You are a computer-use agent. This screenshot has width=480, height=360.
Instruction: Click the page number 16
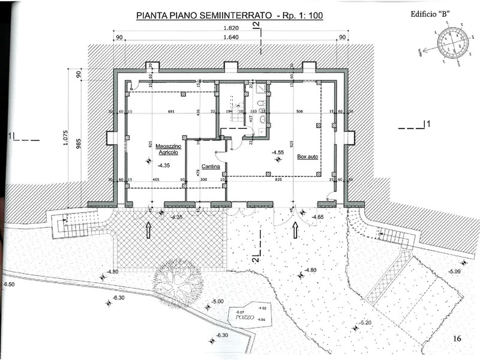coord(457,339)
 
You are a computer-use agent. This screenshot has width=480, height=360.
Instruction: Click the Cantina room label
coord(210,166)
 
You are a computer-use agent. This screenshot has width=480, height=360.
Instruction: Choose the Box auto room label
coord(308,157)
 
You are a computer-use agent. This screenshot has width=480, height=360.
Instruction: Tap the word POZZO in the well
coord(245,316)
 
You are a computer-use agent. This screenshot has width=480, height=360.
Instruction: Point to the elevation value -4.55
coord(278,152)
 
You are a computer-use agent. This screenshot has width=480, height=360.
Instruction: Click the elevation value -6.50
coord(8,283)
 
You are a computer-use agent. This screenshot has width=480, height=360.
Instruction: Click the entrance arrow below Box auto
coord(295,230)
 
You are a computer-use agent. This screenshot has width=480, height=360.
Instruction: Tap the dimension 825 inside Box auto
coord(279,179)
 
